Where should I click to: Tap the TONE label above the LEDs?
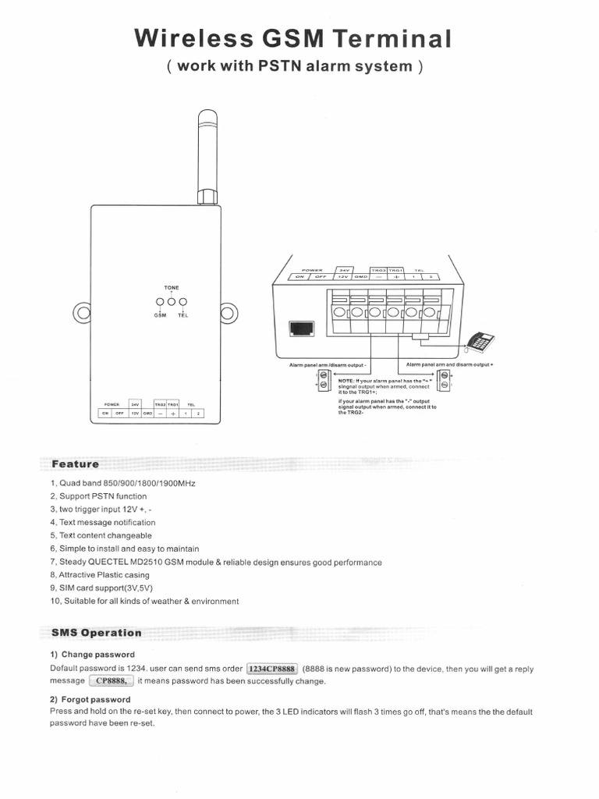(x=171, y=288)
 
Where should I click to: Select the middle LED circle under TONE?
(x=171, y=302)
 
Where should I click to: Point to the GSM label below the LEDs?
(x=159, y=315)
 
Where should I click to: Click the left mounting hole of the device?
(x=82, y=314)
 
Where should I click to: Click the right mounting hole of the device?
(x=228, y=314)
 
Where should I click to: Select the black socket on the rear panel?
(x=301, y=329)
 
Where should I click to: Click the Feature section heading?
(x=76, y=464)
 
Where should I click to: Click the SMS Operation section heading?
(x=97, y=633)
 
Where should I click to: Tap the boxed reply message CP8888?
(x=111, y=681)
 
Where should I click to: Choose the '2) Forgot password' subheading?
(x=90, y=699)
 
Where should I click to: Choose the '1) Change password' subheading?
(x=92, y=654)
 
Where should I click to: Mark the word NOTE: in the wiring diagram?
(x=347, y=380)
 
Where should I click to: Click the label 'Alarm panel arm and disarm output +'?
(x=450, y=364)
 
